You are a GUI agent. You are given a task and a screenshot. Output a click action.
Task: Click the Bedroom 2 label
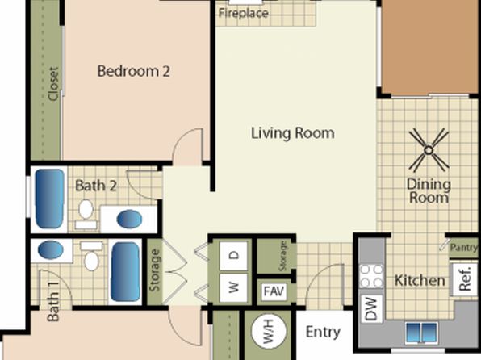133,71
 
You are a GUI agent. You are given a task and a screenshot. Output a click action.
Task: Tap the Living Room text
293,133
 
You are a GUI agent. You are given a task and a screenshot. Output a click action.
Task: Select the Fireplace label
244,13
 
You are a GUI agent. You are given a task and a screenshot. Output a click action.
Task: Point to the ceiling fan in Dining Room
429,150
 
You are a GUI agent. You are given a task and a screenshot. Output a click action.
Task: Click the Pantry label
463,247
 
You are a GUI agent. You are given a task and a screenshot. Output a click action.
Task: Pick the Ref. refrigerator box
465,278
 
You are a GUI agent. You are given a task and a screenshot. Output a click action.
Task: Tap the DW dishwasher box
371,308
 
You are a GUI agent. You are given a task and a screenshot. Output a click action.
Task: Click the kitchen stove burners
371,276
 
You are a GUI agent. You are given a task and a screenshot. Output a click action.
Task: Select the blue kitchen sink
421,333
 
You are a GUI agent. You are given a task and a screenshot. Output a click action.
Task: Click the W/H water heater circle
269,332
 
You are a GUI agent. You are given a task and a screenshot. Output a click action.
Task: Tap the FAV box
274,291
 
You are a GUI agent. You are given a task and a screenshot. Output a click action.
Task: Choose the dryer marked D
234,256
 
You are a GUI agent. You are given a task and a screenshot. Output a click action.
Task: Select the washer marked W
234,288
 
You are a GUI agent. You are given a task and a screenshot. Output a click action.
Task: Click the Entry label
323,332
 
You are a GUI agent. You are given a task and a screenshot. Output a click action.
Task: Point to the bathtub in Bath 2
50,199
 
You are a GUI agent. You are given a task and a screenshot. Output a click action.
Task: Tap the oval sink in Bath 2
129,219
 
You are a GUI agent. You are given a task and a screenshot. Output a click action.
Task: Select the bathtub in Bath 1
125,272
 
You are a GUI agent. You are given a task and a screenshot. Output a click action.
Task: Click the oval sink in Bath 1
51,250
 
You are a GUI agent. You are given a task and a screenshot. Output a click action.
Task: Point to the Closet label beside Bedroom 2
53,84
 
